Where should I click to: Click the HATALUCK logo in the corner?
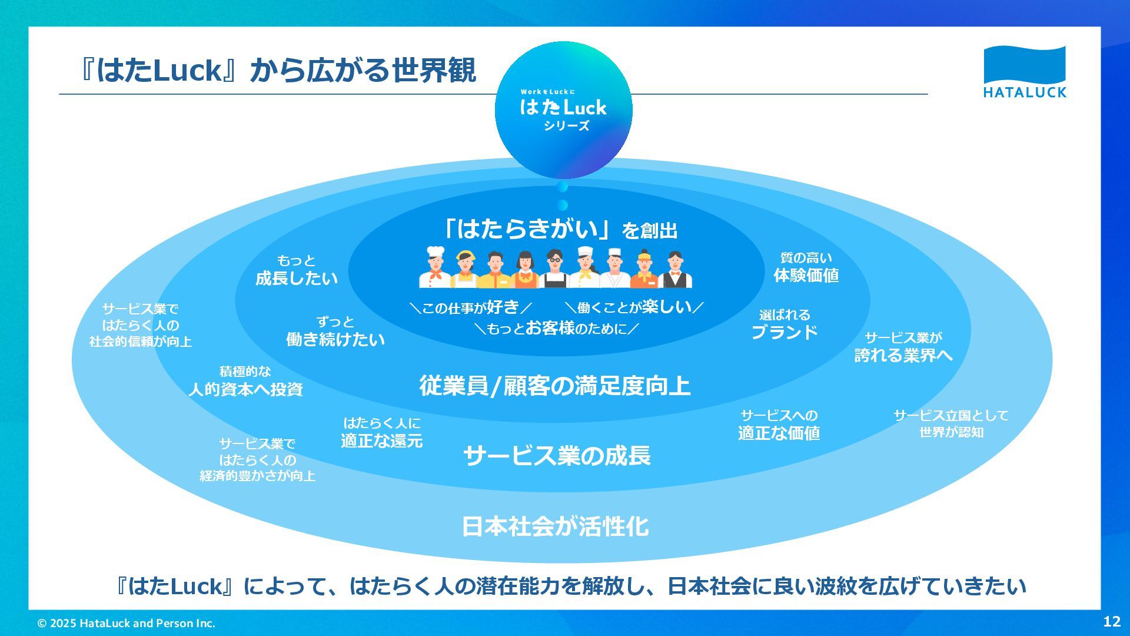[x=1025, y=71]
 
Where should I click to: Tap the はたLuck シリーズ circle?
[x=563, y=110]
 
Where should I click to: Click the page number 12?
[x=1112, y=621]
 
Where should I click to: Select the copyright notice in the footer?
[x=126, y=623]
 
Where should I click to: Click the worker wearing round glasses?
[x=554, y=269]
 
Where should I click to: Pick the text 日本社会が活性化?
[x=555, y=526]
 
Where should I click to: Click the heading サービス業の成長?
[x=557, y=456]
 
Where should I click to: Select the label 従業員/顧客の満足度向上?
[x=554, y=386]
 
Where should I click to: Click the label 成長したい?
[x=297, y=278]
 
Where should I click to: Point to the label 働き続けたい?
[x=335, y=339]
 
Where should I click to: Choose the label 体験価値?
[x=806, y=275]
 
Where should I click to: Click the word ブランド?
[x=785, y=332]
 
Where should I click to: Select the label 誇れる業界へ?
[x=903, y=355]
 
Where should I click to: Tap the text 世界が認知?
[x=951, y=432]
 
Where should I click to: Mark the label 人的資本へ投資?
[x=245, y=389]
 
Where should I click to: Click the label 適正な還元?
[x=381, y=440]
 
